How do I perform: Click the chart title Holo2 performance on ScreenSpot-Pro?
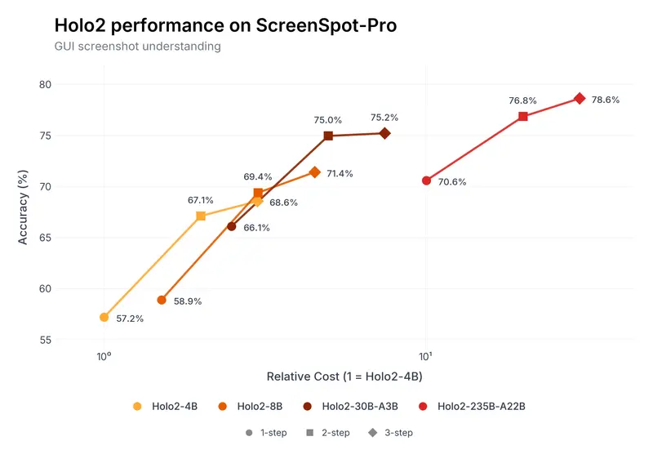tap(225, 25)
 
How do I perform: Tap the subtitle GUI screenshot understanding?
tap(137, 47)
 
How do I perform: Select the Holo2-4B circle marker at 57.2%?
tap(104, 317)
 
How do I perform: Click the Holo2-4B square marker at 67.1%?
tap(201, 216)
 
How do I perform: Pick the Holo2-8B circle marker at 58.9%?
tap(162, 300)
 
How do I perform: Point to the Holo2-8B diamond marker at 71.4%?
tap(315, 172)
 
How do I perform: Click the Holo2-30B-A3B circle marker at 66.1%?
tap(232, 226)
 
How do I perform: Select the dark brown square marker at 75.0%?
tap(328, 136)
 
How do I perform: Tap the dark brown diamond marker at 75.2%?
tap(384, 133)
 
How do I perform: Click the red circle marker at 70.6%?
tap(426, 180)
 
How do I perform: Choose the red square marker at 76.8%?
tap(523, 116)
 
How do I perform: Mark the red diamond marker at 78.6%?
tap(580, 98)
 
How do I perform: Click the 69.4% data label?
tap(258, 176)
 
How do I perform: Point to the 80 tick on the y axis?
tap(45, 84)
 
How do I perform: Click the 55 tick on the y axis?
tap(45, 340)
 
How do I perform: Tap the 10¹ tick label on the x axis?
tap(425, 356)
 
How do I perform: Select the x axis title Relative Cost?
tap(344, 377)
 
